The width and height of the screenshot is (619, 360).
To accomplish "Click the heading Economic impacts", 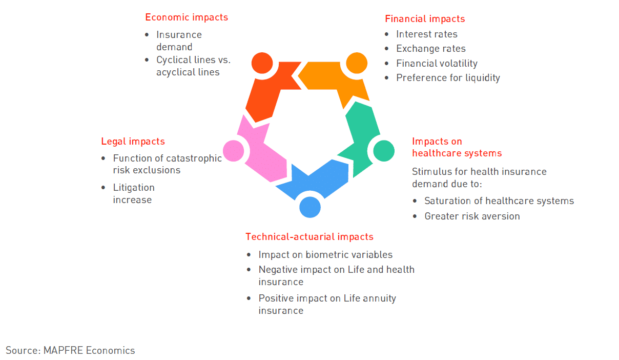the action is tap(187, 17).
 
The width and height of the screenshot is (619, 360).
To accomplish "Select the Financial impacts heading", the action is tap(425, 19).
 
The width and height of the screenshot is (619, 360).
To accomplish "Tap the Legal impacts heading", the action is tap(133, 142).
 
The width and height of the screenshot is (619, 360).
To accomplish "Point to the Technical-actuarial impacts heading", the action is tap(309, 237).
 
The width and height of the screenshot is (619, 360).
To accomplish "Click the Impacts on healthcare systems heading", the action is tap(457, 147).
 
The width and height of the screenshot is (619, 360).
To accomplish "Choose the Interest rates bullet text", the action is tap(427, 34).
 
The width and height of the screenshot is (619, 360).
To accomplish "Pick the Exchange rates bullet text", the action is tap(431, 49).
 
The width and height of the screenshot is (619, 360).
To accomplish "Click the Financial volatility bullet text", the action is tap(437, 63).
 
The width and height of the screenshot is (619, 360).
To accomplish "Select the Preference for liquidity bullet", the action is tap(448, 78).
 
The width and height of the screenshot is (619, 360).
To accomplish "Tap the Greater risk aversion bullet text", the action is tap(472, 216).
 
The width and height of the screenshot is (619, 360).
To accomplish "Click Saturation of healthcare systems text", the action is tap(499, 201).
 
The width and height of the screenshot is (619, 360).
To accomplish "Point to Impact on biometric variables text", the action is tap(325, 255).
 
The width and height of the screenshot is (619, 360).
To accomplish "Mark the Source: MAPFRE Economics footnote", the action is tap(70, 350).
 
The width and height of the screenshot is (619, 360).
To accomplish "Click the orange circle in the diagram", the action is tap(357, 63).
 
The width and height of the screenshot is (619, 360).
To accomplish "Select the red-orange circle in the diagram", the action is tap(262, 63).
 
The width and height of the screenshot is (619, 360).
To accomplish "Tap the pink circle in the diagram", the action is tap(234, 151).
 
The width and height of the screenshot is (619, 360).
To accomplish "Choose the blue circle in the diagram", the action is tap(310, 207).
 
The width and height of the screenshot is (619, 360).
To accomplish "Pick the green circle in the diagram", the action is tap(384, 151).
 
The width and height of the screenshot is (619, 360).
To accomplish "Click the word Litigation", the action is tap(134, 188).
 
